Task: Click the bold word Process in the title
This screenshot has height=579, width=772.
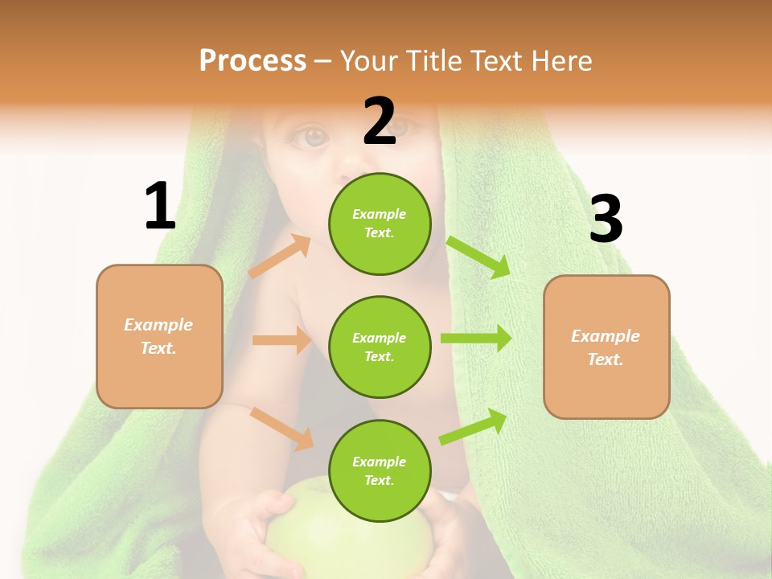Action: [253, 60]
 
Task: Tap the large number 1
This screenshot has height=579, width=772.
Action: [160, 206]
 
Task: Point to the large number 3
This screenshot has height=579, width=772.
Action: [606, 219]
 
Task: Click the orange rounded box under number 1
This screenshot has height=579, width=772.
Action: [159, 336]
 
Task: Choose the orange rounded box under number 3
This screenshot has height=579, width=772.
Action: [606, 347]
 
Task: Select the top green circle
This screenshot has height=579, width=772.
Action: [380, 224]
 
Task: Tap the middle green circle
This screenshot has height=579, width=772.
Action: [380, 347]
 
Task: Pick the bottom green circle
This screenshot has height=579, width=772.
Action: [380, 470]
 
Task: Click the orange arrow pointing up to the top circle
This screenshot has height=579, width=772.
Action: [280, 257]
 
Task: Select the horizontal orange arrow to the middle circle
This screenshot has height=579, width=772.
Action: [281, 340]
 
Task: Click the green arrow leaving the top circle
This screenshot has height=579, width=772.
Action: [478, 257]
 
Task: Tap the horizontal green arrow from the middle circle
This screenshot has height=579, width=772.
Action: [475, 338]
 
